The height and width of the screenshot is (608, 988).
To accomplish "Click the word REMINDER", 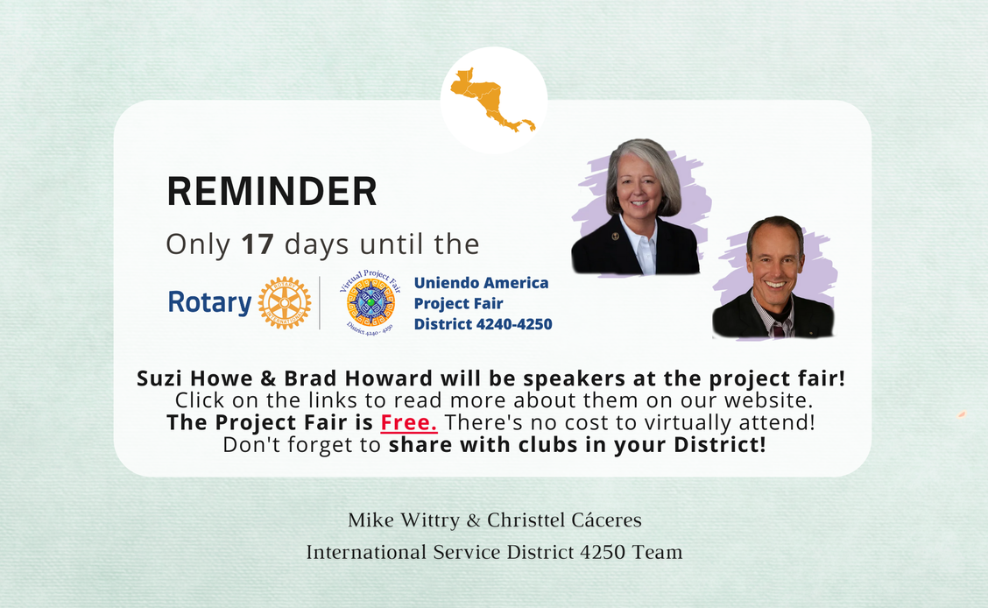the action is click(272, 192).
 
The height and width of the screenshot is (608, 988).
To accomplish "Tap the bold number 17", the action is click(258, 244).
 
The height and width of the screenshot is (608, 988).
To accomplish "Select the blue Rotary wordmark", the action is click(210, 302).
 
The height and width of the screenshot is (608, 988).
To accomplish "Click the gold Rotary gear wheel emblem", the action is click(285, 303).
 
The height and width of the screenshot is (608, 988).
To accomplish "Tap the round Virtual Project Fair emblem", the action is click(370, 302).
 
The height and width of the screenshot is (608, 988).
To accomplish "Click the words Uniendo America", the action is click(481, 283).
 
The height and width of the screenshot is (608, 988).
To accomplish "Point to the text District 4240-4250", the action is click(483, 324).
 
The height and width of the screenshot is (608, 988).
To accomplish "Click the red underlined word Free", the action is click(409, 422).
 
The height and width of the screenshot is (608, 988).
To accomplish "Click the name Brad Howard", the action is click(358, 378).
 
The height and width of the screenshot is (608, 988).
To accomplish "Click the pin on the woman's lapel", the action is click(616, 237).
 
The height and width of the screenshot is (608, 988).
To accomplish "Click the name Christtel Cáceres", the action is click(565, 520).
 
